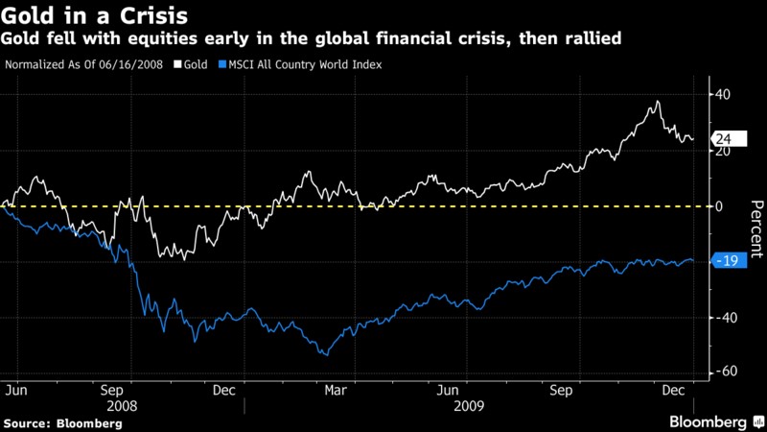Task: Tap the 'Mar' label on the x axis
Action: pyautogui.click(x=335, y=391)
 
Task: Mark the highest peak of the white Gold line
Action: pyautogui.click(x=658, y=101)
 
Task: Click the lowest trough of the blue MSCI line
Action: pyautogui.click(x=327, y=355)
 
